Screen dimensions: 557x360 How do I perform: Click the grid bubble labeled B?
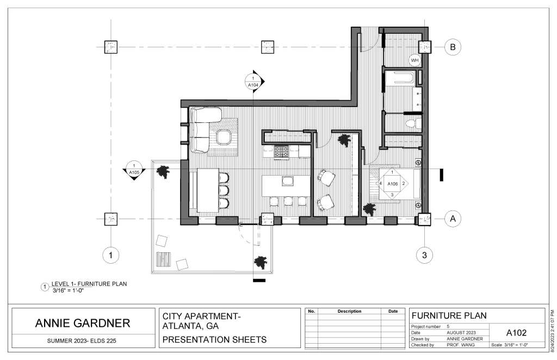point(453,47)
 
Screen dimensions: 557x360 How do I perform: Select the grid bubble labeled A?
point(453,219)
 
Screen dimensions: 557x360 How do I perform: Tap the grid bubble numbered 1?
point(110,255)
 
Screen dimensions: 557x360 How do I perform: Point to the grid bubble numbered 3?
point(424,255)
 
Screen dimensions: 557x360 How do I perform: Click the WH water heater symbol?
point(414,60)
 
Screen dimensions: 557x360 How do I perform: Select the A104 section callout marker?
point(253,82)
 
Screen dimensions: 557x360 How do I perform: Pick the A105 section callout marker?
point(134,170)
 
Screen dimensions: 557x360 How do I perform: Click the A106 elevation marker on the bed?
point(392,184)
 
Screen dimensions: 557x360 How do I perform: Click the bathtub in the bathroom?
point(400,78)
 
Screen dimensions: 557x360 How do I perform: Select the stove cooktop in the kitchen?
point(281,152)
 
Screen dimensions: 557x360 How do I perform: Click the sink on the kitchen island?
point(287,181)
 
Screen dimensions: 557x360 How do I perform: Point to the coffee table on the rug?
point(224,138)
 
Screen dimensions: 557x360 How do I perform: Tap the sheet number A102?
point(516,333)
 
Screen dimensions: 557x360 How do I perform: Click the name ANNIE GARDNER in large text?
point(83,323)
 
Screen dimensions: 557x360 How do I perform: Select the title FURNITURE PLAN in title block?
point(449,315)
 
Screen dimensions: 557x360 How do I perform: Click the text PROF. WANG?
point(461,345)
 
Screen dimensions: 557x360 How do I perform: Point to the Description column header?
point(349,312)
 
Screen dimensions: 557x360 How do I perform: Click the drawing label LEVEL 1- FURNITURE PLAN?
point(89,284)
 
